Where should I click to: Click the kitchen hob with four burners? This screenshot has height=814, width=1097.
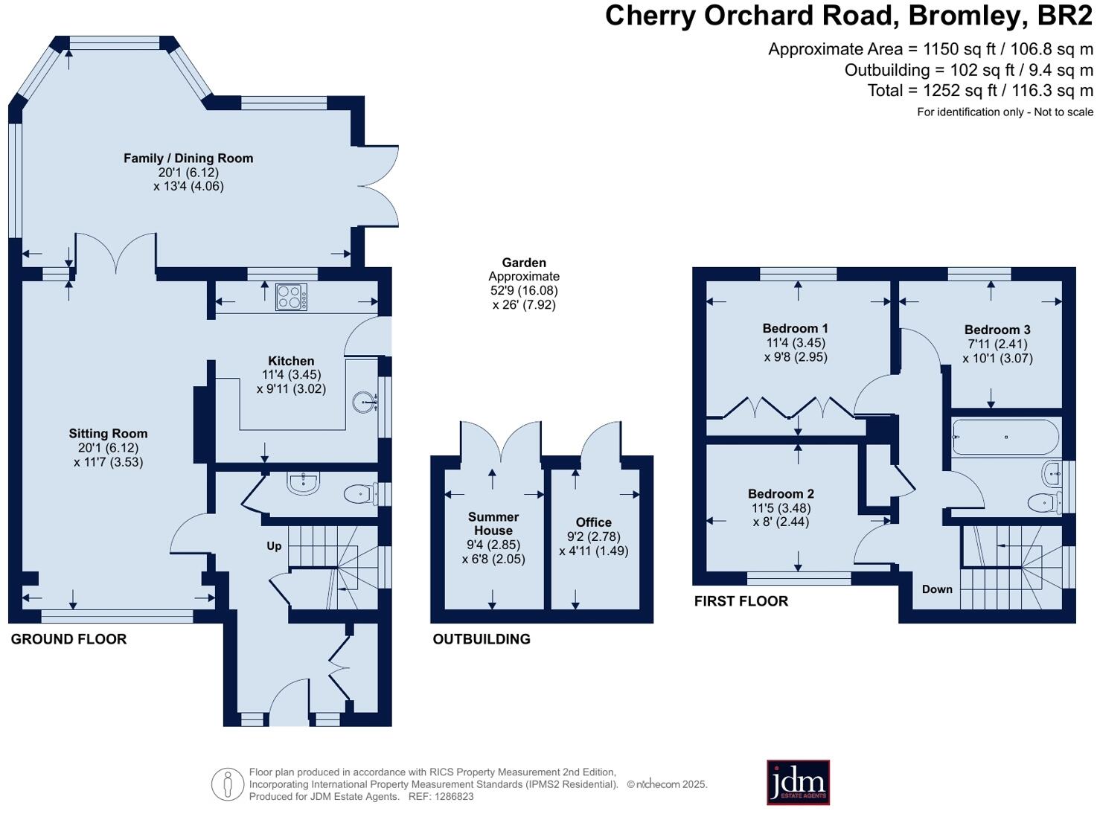pyautogui.click(x=290, y=297)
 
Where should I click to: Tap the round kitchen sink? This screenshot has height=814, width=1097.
pyautogui.click(x=365, y=403)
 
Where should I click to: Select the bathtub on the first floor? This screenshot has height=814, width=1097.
pyautogui.click(x=1005, y=438)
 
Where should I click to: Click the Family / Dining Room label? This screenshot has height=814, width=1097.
pyautogui.click(x=188, y=158)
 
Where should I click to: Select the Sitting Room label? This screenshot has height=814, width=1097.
pyautogui.click(x=108, y=433)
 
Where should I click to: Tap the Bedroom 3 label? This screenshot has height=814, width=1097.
pyautogui.click(x=997, y=330)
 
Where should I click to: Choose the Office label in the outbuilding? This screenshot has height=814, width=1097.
pyautogui.click(x=593, y=522)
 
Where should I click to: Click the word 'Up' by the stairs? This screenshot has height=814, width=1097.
pyautogui.click(x=274, y=546)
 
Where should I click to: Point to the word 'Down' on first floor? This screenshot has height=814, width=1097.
pyautogui.click(x=937, y=589)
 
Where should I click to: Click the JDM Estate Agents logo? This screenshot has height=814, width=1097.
pyautogui.click(x=798, y=782)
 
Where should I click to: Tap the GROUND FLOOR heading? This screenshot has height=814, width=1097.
pyautogui.click(x=68, y=638)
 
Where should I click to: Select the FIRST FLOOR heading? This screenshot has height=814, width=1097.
pyautogui.click(x=741, y=600)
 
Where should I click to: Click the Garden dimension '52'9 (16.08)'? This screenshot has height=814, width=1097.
pyautogui.click(x=524, y=290)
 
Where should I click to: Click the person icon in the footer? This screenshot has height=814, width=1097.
pyautogui.click(x=228, y=784)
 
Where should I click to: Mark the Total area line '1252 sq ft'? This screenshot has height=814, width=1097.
pyautogui.click(x=979, y=91)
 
